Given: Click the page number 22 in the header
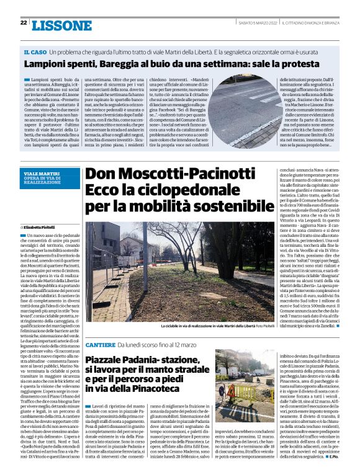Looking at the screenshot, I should pyautogui.click(x=23, y=22).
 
